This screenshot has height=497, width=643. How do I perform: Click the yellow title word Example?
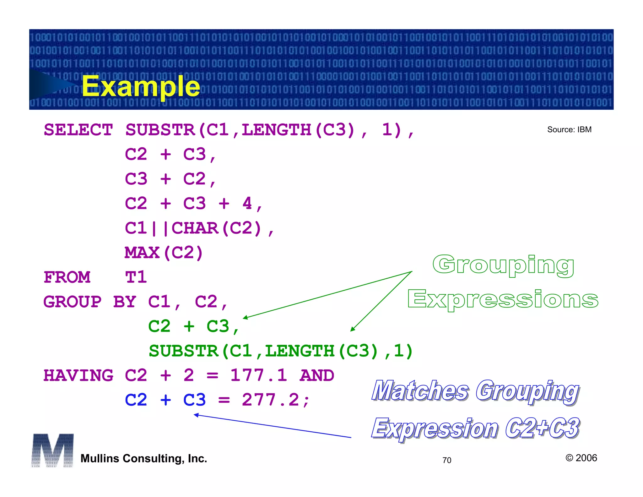(141, 86)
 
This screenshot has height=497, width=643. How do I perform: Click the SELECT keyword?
(78, 130)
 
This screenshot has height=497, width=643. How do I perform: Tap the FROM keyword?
(67, 277)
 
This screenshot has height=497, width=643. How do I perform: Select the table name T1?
(136, 277)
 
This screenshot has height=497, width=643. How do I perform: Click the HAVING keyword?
(78, 375)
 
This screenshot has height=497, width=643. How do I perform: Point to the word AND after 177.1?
(317, 375)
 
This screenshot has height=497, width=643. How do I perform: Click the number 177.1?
(258, 375)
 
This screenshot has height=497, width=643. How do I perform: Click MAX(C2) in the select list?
(164, 253)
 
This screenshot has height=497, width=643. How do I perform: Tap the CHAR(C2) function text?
(217, 228)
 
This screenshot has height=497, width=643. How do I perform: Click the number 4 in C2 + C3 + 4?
(247, 204)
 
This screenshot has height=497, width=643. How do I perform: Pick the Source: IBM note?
(569, 129)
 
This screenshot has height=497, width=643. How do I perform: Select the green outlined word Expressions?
(503, 299)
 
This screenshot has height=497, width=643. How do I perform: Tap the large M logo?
(53, 450)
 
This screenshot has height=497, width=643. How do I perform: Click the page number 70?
(447, 460)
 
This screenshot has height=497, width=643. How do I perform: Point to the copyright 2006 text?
(581, 458)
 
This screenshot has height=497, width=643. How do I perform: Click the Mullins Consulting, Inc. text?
(144, 458)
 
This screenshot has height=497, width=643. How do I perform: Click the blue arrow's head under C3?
(196, 415)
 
